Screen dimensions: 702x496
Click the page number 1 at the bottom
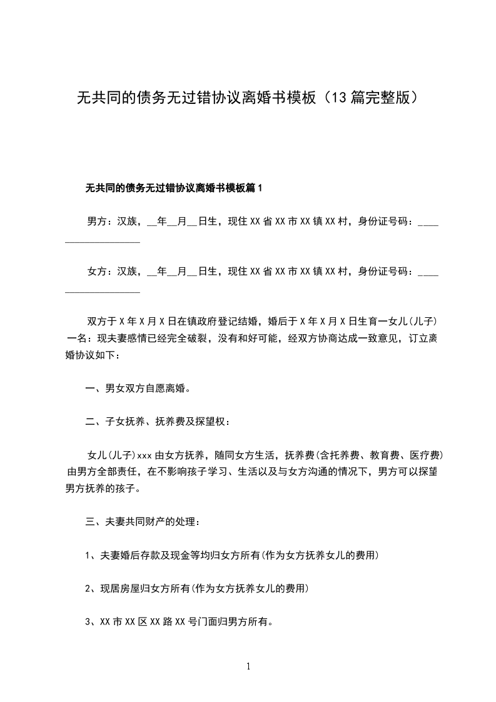point(248,666)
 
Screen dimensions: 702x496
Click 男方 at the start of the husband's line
point(97,221)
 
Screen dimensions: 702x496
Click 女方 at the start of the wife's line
point(97,272)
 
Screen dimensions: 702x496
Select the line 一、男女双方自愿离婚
point(138,389)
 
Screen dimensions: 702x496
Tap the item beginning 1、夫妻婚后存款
point(231,556)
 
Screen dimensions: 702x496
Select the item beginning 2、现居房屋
point(196,589)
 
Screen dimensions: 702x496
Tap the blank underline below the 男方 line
point(103,241)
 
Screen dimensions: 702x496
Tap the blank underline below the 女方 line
point(103,291)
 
